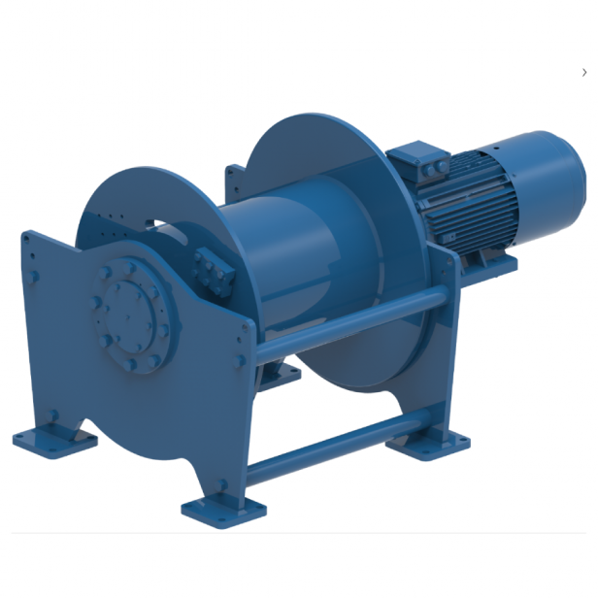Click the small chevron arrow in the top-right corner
pyautogui.click(x=584, y=73)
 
